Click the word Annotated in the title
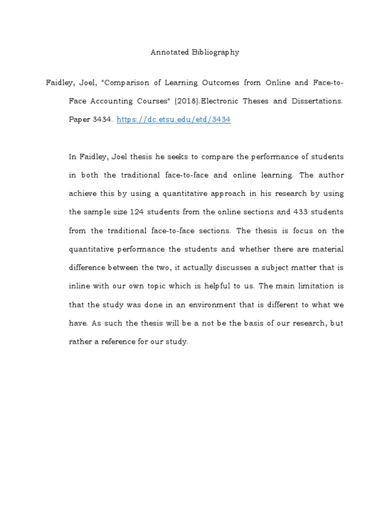[169, 52]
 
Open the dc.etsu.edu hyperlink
[174, 120]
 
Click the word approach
[208, 193]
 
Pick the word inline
[79, 286]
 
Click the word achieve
[82, 193]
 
